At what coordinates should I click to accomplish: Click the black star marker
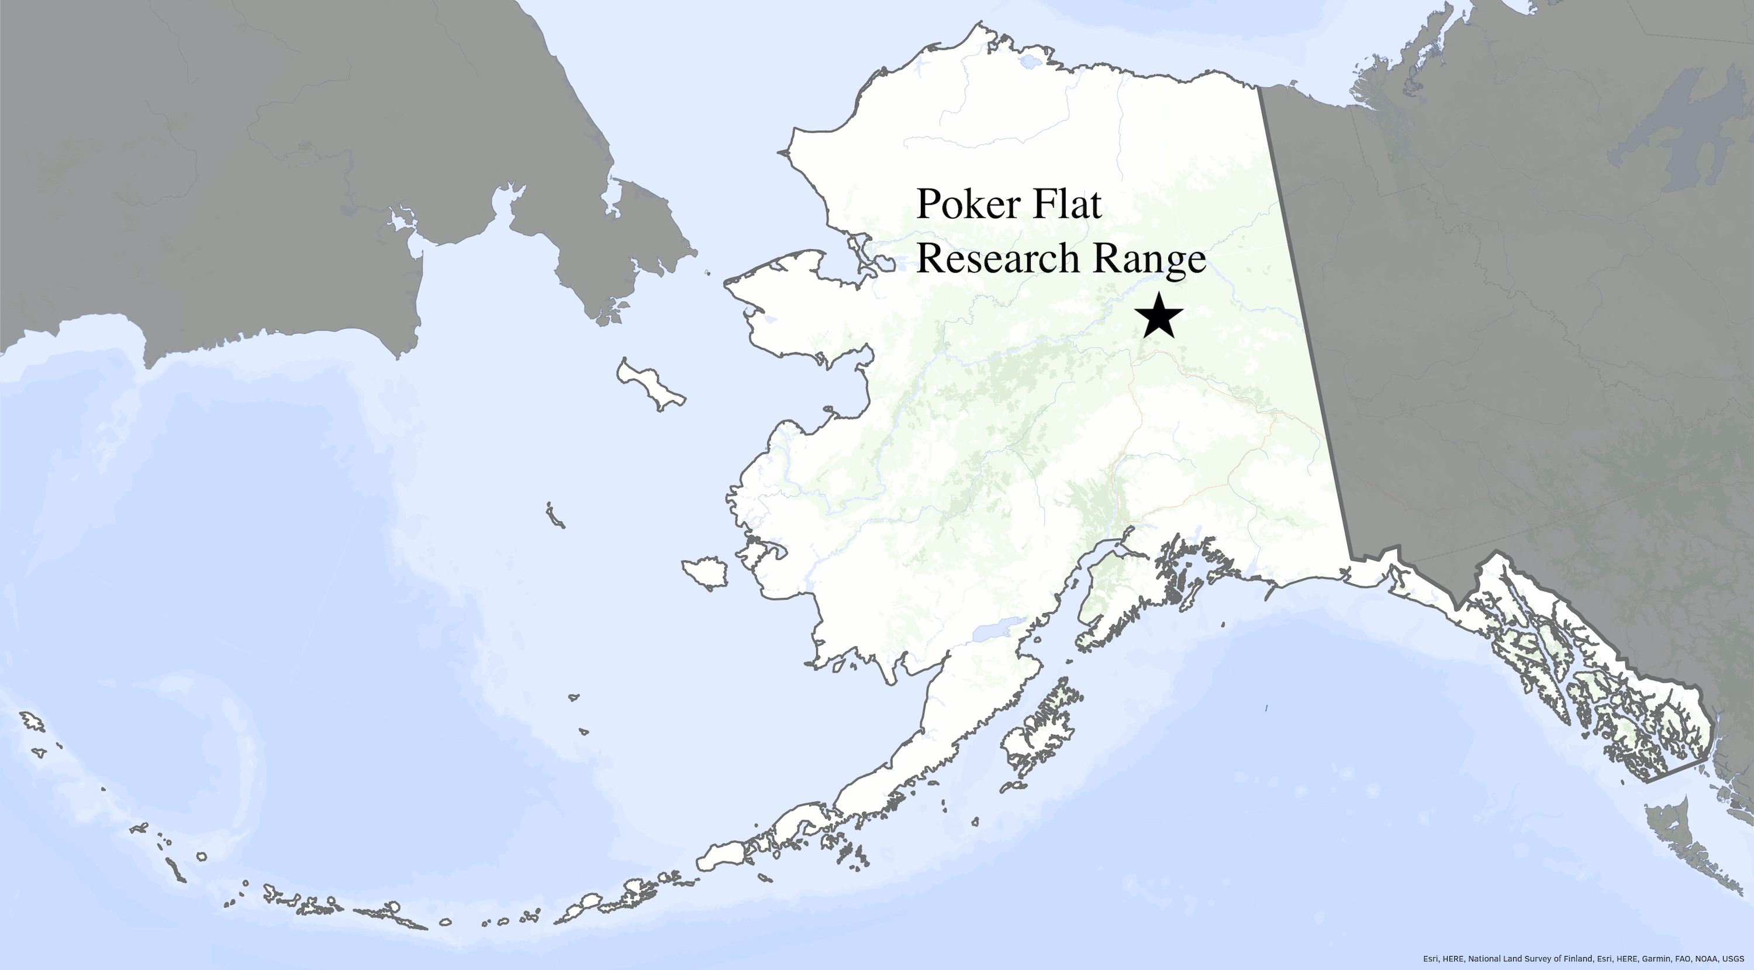coord(1158,316)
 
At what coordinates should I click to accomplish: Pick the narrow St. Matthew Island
coord(555,515)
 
